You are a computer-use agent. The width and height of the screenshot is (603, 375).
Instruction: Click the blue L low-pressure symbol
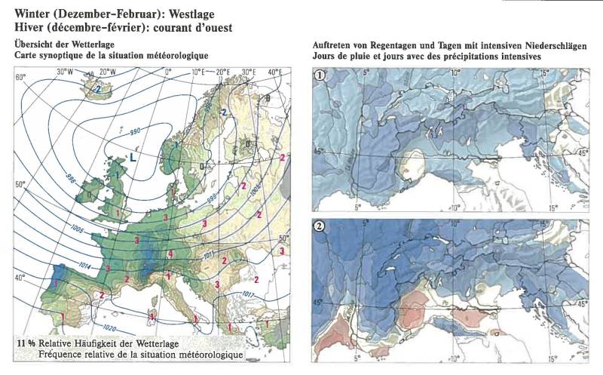pos(133,158)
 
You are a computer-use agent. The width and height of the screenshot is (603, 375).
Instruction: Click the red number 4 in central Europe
pos(170,254)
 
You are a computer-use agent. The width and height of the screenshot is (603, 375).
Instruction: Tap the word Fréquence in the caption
pos(60,354)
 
